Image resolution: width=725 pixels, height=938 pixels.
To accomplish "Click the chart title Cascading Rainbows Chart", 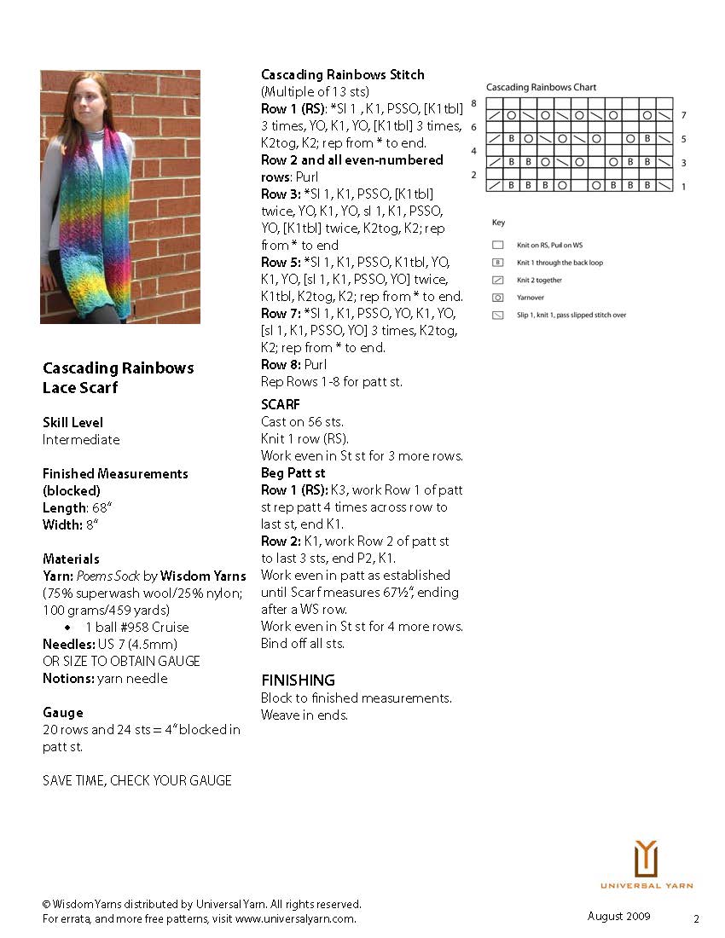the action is pyautogui.click(x=541, y=87).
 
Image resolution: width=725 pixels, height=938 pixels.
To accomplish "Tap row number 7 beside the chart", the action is pyautogui.click(x=683, y=115).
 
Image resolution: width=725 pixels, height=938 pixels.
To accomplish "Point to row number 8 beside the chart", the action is pyautogui.click(x=473, y=103).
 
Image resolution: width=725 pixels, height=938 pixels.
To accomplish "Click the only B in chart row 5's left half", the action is pyautogui.click(x=511, y=138).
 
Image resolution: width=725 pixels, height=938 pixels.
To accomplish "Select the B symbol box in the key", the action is pyautogui.click(x=497, y=263).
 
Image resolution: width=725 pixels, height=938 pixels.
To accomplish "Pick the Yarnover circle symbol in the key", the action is pyautogui.click(x=497, y=298).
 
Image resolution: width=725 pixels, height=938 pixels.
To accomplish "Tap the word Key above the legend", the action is pyautogui.click(x=498, y=223).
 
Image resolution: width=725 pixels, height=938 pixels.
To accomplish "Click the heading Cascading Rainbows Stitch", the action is pyautogui.click(x=342, y=75).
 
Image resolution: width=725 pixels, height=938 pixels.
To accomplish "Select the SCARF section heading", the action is pyautogui.click(x=281, y=404).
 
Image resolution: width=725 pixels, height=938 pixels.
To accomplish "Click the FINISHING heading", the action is pyautogui.click(x=298, y=680).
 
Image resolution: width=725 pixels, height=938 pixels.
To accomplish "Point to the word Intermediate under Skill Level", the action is pyautogui.click(x=81, y=440).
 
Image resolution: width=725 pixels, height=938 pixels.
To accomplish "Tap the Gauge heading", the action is pyautogui.click(x=63, y=712).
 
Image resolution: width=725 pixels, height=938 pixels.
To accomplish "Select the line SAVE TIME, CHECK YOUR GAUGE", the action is pyautogui.click(x=136, y=780).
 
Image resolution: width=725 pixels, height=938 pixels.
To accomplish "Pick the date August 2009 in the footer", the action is pyautogui.click(x=618, y=916).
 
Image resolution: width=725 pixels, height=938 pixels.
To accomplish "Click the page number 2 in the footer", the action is pyautogui.click(x=696, y=919).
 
